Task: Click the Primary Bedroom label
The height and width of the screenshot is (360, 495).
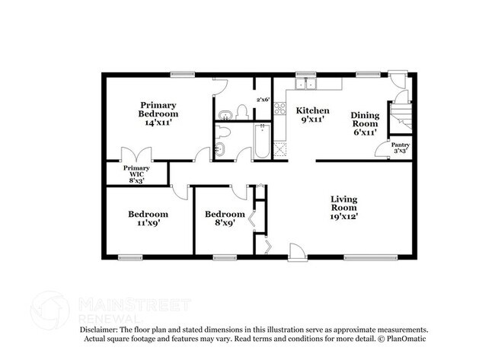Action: tap(158, 113)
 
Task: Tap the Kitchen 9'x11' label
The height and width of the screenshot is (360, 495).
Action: tap(312, 115)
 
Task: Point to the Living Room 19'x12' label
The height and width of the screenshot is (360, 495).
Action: tap(343, 208)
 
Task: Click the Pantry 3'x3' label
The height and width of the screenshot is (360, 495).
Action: tap(401, 148)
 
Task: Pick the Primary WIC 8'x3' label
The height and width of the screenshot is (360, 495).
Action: tap(136, 174)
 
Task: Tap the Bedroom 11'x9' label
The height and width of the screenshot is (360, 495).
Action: tap(148, 218)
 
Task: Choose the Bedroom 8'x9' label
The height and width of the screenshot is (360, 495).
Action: tap(225, 218)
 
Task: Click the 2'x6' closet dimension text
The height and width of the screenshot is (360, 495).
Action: tap(263, 100)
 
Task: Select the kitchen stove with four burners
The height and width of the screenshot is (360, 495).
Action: tap(279, 109)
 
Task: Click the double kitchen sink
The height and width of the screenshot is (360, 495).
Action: tap(305, 84)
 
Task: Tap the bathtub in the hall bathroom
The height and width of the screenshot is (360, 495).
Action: tap(262, 141)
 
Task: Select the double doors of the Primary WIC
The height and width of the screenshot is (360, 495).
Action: tap(136, 155)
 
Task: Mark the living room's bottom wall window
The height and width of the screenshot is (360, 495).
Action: tap(371, 258)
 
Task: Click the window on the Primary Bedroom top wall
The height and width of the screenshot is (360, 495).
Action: tap(183, 75)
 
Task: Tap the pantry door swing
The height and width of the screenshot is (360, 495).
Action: tap(382, 149)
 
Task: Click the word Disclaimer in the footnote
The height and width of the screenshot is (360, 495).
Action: tap(98, 330)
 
